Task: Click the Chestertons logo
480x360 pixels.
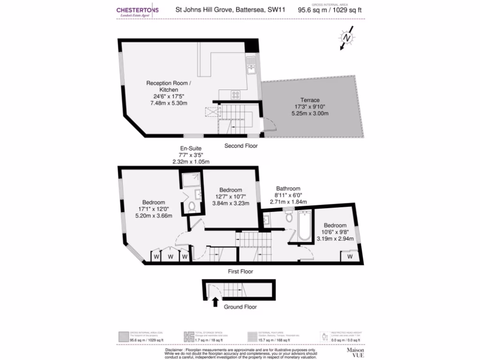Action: coord(137,12)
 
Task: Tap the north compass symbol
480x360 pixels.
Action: coord(347,38)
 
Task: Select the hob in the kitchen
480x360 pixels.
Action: coord(236,95)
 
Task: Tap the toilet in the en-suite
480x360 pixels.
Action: coord(192,206)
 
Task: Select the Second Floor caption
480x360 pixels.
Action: coord(241,146)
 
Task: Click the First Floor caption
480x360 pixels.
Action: coord(240,271)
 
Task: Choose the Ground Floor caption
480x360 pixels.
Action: coord(240,307)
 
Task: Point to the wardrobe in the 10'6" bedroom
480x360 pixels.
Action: coord(350,256)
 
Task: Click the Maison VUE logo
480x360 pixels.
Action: coord(356,352)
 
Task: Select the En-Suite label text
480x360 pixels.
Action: coord(191,149)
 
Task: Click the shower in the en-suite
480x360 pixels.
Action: coord(191,180)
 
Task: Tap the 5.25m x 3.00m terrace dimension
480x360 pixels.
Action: coord(310,113)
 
